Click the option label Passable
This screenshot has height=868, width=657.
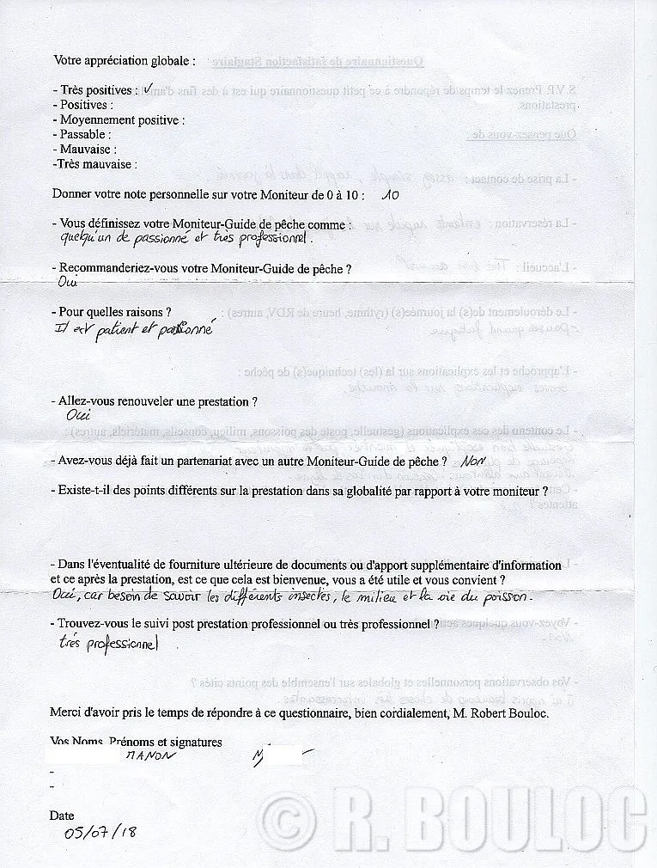(x=82, y=135)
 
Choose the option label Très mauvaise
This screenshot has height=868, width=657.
(x=94, y=164)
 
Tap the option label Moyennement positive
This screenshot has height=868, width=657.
(x=118, y=120)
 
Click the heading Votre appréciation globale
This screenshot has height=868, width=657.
(x=124, y=61)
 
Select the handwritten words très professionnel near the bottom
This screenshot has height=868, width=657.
(x=109, y=642)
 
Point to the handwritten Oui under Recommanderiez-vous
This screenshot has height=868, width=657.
(x=66, y=282)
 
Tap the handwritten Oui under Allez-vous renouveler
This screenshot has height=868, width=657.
(x=77, y=415)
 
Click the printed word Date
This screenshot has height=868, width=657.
(x=62, y=816)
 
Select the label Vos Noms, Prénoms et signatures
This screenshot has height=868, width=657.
(x=136, y=742)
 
